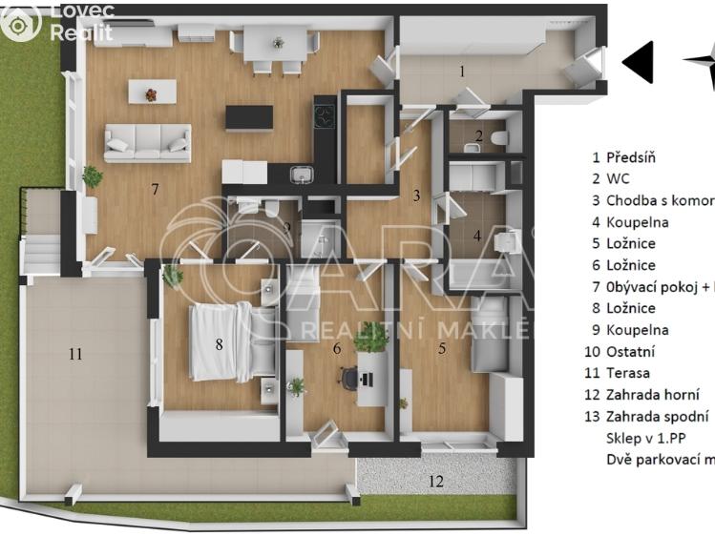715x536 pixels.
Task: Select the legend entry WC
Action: pyautogui.click(x=618, y=179)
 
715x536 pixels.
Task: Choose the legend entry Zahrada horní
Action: pyautogui.click(x=653, y=395)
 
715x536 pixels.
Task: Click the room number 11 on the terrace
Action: pyautogui.click(x=75, y=355)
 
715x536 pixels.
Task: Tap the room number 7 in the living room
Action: pyautogui.click(x=155, y=190)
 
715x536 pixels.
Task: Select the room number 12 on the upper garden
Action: pyautogui.click(x=435, y=482)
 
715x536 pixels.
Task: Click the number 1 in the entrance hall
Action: pyautogui.click(x=462, y=71)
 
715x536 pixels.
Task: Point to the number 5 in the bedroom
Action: pyautogui.click(x=441, y=349)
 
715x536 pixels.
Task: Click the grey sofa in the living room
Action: pyautogui.click(x=147, y=143)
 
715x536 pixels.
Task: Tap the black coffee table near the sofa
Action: pyautogui.click(x=249, y=117)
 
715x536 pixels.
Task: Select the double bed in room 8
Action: pyautogui.click(x=221, y=341)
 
